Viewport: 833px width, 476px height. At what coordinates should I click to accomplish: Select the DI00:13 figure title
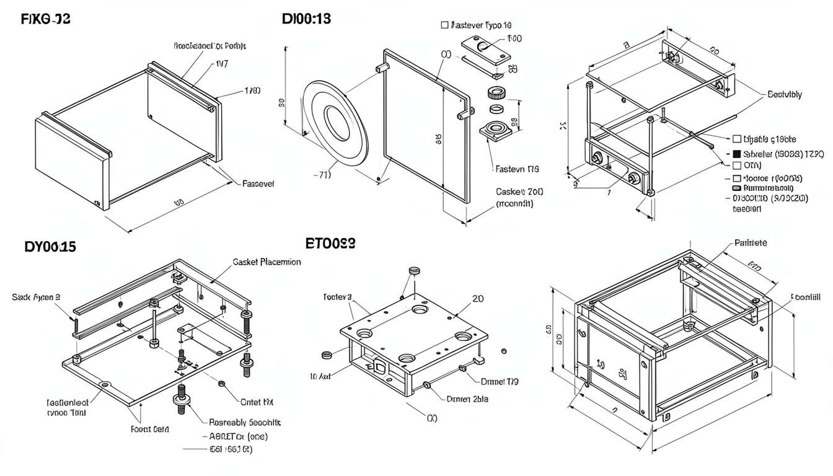(306, 19)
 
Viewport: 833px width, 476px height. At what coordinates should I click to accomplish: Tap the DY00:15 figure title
(50, 247)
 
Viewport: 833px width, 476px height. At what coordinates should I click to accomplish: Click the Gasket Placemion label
(267, 262)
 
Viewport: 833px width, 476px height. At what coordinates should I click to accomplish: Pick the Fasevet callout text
(258, 184)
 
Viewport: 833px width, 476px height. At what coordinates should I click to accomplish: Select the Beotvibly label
(784, 95)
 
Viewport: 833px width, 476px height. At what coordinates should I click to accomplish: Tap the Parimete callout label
(751, 243)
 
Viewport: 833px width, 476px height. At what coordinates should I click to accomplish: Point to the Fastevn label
(516, 168)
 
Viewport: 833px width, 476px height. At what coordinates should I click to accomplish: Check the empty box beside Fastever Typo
(444, 25)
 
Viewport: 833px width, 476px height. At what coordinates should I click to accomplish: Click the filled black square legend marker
(736, 153)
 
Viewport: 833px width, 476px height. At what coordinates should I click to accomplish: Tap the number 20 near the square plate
(478, 298)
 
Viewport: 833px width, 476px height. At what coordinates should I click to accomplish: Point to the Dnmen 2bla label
(467, 399)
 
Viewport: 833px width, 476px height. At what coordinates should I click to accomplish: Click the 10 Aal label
(322, 376)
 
